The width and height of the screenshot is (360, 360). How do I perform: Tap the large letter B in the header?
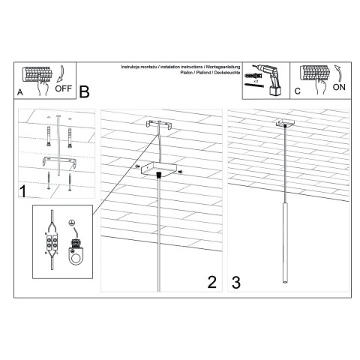[x=84, y=92]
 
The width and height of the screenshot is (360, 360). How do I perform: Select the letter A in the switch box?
[x=20, y=92]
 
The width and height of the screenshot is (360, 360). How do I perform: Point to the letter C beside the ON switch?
[x=297, y=92]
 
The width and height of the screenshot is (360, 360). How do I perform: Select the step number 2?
[x=211, y=281]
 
